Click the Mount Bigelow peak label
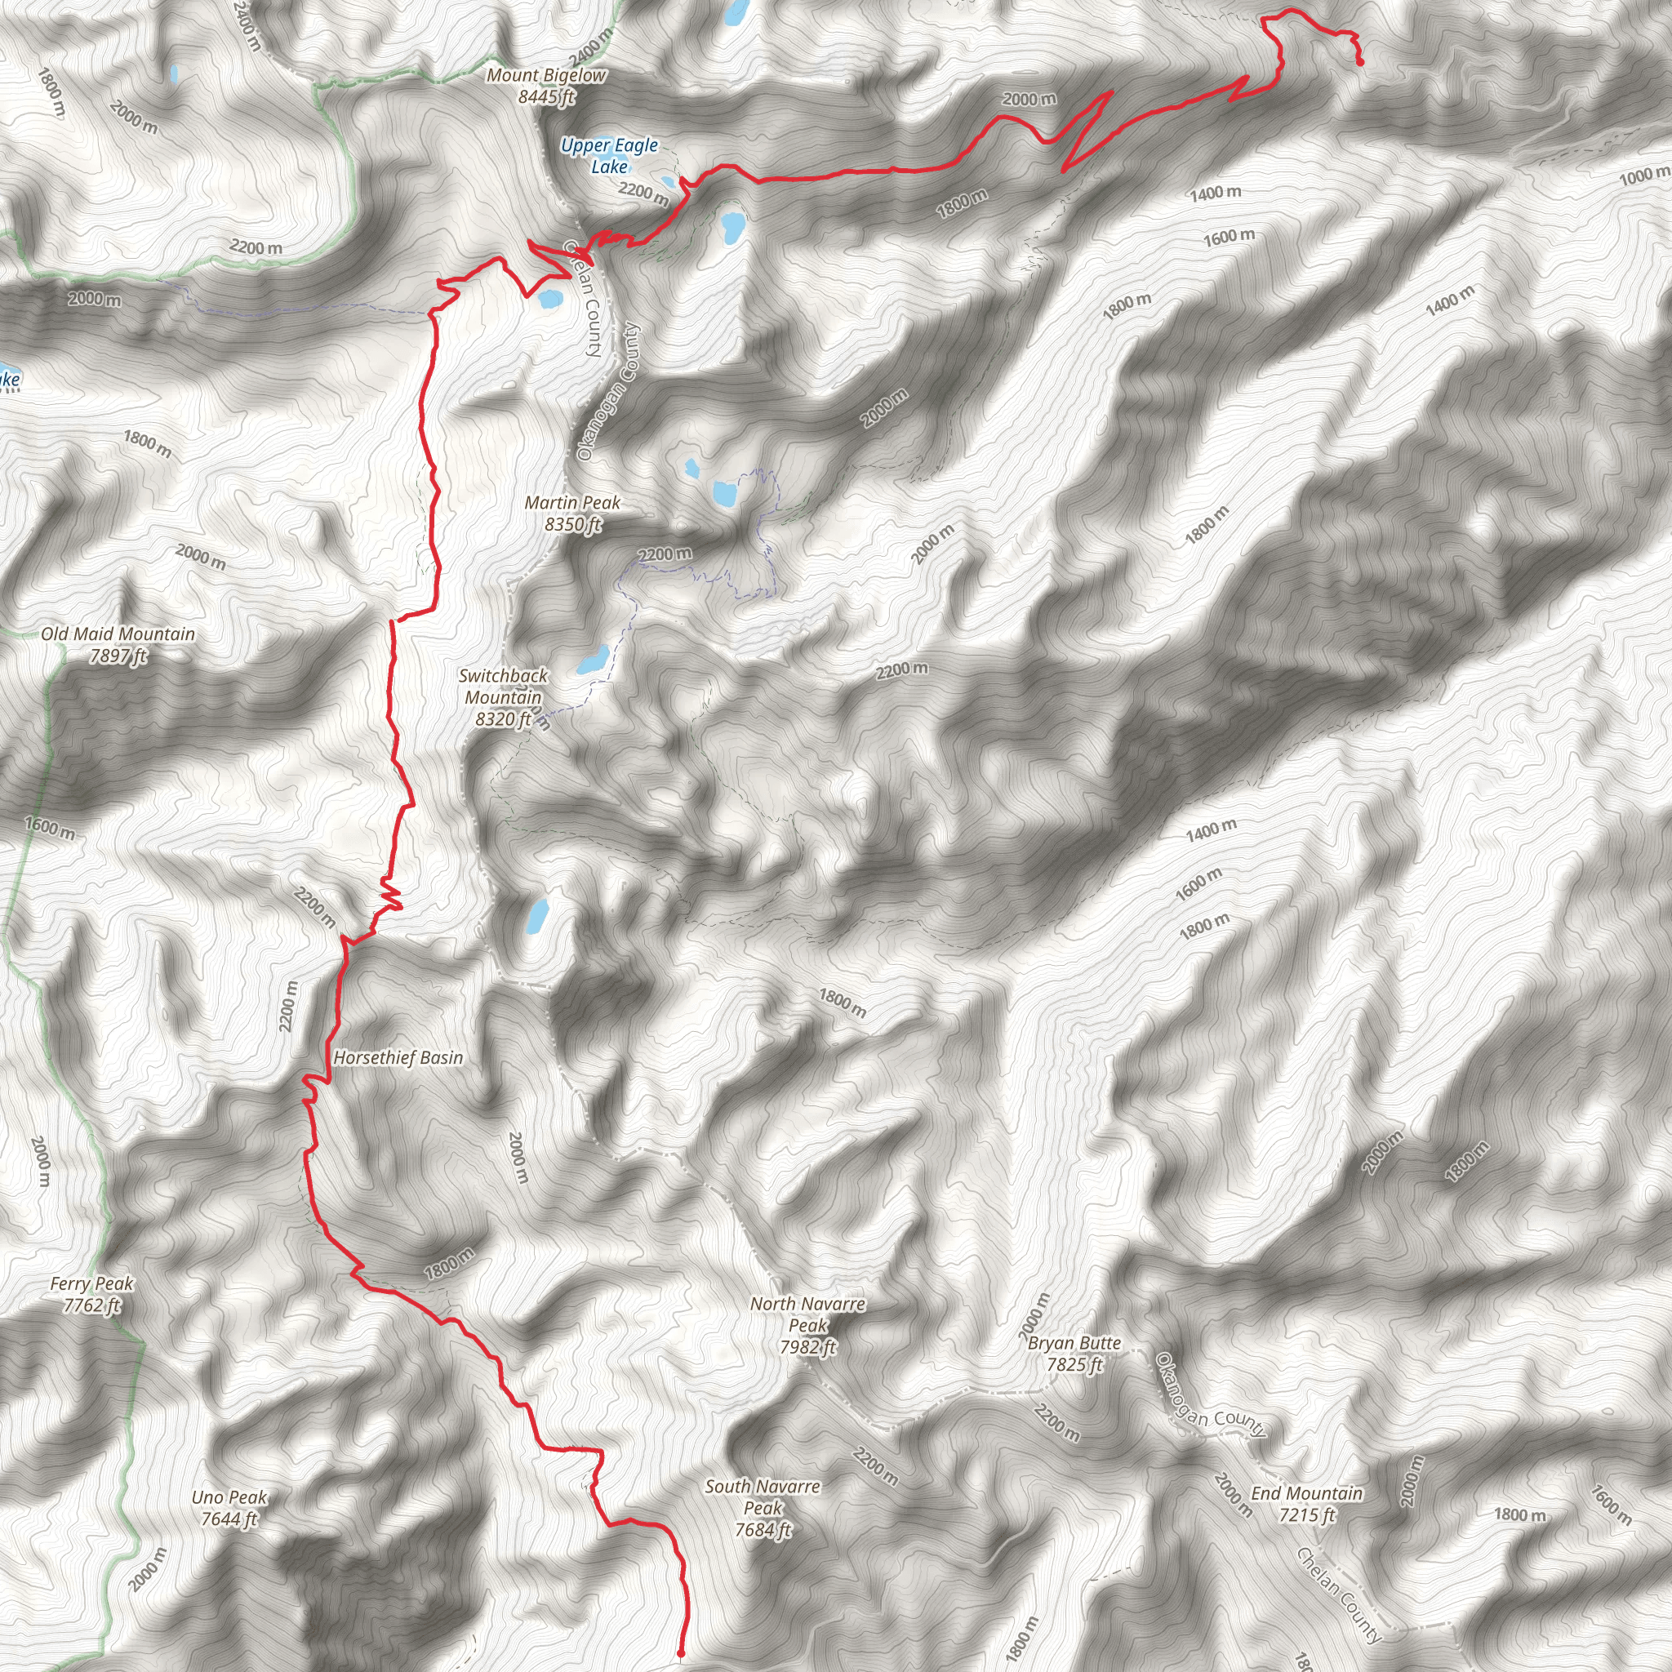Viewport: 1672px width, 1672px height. pos(546,76)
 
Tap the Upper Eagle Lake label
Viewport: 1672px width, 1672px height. pos(609,156)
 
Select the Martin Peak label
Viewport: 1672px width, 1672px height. pos(572,503)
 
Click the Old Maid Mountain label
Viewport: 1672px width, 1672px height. pos(118,634)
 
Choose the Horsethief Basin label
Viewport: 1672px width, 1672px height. pos(398,1057)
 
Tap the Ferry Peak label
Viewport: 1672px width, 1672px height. pos(91,1284)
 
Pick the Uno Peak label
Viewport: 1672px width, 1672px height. pos(229,1497)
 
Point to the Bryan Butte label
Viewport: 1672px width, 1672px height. pos(1074,1343)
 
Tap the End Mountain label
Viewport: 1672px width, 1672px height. pos(1307,1494)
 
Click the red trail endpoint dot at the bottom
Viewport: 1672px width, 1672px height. pos(681,1653)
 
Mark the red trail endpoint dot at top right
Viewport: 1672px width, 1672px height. pos(1360,62)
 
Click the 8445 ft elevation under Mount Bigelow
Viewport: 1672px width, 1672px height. pos(546,97)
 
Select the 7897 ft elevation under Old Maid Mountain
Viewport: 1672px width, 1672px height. pos(118,656)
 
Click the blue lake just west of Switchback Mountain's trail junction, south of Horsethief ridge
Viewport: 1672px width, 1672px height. pos(537,914)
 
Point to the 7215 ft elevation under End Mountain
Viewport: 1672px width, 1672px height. pos(1307,1515)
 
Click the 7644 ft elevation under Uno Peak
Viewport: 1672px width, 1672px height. pos(229,1519)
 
